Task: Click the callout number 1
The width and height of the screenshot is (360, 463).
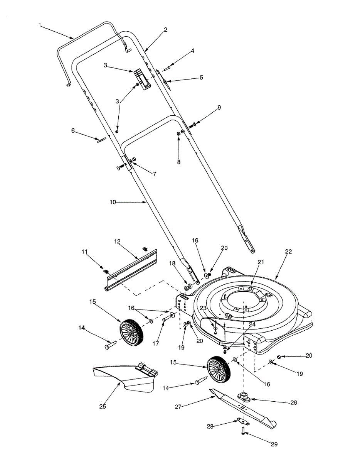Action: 40,25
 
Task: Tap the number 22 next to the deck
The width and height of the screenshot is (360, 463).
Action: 288,252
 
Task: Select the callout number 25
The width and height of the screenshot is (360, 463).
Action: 102,406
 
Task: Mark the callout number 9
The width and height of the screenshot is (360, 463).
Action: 219,108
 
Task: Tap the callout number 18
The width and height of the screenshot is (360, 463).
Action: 172,263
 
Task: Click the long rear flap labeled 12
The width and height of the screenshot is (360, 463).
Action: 133,266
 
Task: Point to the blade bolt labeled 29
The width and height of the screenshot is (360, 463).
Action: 243,431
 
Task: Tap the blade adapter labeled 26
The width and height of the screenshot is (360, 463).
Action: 244,397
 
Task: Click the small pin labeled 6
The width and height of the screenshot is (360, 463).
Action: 101,140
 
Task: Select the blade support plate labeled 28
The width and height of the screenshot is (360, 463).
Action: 243,421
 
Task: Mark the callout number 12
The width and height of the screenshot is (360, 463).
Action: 117,242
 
